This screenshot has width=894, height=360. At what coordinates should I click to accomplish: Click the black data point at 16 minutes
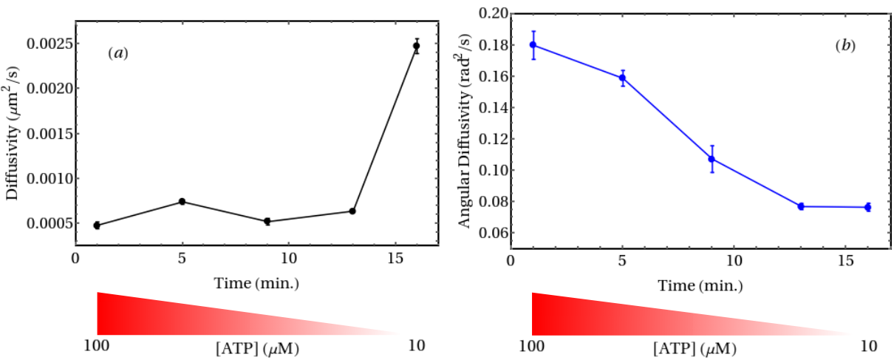click(416, 46)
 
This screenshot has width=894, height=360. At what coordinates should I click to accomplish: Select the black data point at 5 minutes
click(182, 202)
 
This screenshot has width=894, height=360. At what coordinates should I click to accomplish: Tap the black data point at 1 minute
click(97, 225)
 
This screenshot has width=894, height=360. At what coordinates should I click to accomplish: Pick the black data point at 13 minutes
click(352, 211)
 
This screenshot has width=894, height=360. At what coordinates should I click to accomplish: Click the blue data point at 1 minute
click(533, 44)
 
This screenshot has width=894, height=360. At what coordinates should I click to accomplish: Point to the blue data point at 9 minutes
click(712, 159)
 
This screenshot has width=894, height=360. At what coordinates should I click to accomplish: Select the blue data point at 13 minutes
click(801, 206)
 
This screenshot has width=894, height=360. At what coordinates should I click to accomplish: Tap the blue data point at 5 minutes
click(622, 78)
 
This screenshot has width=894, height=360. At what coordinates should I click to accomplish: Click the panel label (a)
click(118, 53)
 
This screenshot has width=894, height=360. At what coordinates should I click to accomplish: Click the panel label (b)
click(845, 46)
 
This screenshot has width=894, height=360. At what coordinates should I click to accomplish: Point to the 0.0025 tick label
click(50, 44)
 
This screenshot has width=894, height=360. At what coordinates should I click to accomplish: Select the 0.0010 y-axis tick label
click(50, 178)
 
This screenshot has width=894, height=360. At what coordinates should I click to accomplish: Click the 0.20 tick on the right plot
click(494, 13)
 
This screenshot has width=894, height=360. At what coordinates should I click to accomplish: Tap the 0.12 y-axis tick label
click(494, 139)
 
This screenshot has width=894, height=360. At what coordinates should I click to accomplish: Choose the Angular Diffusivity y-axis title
click(464, 131)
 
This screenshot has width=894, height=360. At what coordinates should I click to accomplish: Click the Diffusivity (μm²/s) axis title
click(13, 133)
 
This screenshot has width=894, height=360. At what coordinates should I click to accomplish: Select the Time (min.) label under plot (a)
click(256, 283)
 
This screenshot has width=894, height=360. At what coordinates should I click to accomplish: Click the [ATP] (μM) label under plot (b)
click(695, 348)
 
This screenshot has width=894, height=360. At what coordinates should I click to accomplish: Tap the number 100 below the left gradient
click(97, 346)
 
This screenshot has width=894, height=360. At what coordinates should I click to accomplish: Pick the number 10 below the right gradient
click(868, 346)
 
